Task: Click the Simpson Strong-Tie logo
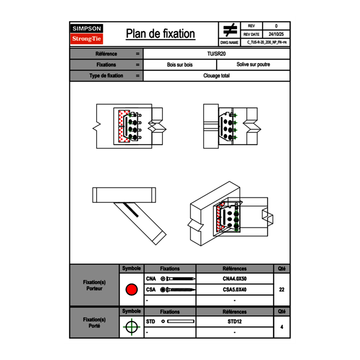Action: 87,34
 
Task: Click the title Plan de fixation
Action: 160,34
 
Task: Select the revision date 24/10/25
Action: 276,34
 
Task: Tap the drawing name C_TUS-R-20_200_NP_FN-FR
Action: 267,42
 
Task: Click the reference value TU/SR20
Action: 216,54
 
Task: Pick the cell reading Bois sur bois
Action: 180,65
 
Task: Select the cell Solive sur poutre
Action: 253,65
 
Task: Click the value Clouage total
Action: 216,76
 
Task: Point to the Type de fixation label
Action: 106,76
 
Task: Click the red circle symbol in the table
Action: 131,290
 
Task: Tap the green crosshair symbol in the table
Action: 131,327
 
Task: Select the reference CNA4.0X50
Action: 234,279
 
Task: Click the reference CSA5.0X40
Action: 234,290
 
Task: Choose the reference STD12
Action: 234,322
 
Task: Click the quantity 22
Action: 281,290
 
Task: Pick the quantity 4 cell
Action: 281,327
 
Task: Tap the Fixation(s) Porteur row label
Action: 94,285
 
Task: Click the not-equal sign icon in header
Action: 230,30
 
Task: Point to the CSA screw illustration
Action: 178,290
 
